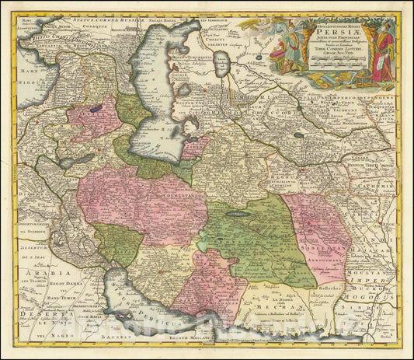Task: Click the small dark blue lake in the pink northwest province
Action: pyautogui.click(x=95, y=110)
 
